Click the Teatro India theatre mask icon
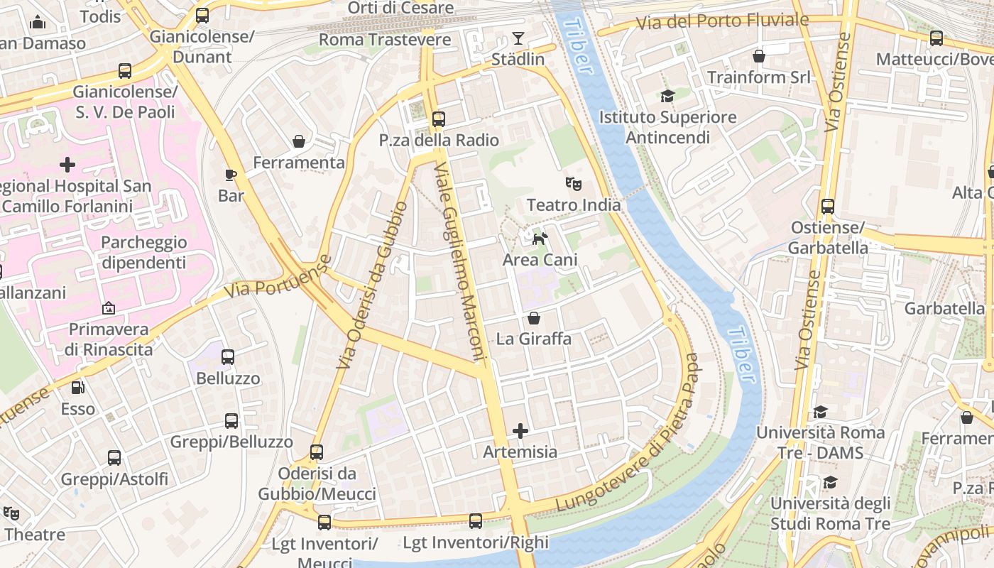coord(574,184)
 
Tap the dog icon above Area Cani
coord(540,239)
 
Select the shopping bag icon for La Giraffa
coord(534,318)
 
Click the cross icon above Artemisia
coord(520,431)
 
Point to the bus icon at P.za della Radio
coord(439,119)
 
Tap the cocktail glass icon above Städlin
coord(518,38)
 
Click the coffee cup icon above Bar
coord(231,175)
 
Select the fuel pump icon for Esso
coord(77,388)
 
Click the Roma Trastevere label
coord(385,40)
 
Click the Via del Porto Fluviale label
coord(721,21)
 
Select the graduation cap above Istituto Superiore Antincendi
coord(667,96)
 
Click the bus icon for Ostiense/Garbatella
coord(828,207)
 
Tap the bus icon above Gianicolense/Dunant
coord(202,16)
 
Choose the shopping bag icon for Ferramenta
coord(300,141)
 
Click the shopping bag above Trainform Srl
coord(759,55)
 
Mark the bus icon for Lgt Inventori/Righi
coord(476,521)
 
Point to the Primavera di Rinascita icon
coord(108,308)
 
